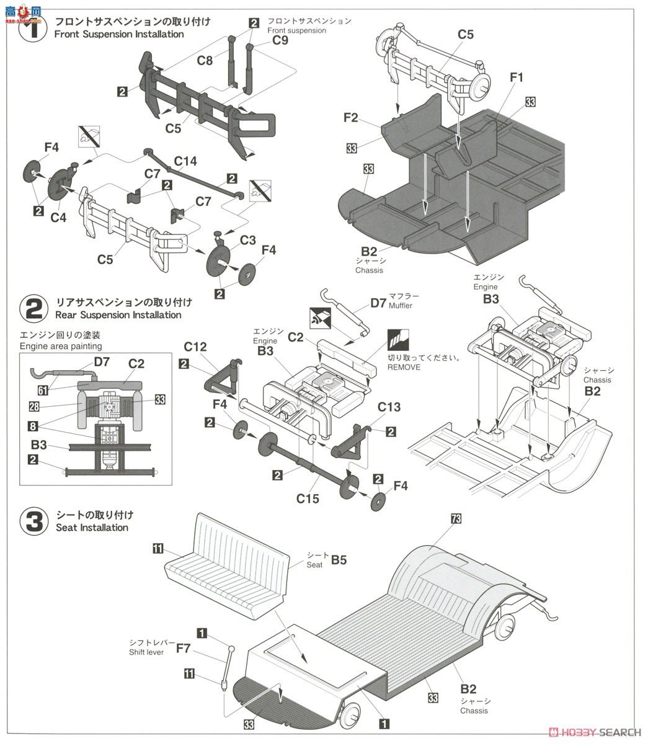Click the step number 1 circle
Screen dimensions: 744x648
33,29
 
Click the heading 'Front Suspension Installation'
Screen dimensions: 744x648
119,34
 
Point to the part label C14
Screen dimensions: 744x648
185,161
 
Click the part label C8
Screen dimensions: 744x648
205,61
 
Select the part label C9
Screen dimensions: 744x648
280,41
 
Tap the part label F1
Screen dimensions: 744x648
517,77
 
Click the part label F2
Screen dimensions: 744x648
350,117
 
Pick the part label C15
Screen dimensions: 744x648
308,498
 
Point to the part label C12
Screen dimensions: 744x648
195,347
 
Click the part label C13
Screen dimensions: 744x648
389,407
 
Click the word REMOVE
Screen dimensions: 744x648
404,367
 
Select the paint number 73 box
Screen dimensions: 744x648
456,520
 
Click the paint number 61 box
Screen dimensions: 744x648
43,390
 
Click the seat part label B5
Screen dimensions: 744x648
339,560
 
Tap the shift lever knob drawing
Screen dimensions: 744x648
231,649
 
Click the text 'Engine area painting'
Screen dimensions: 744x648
61,346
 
